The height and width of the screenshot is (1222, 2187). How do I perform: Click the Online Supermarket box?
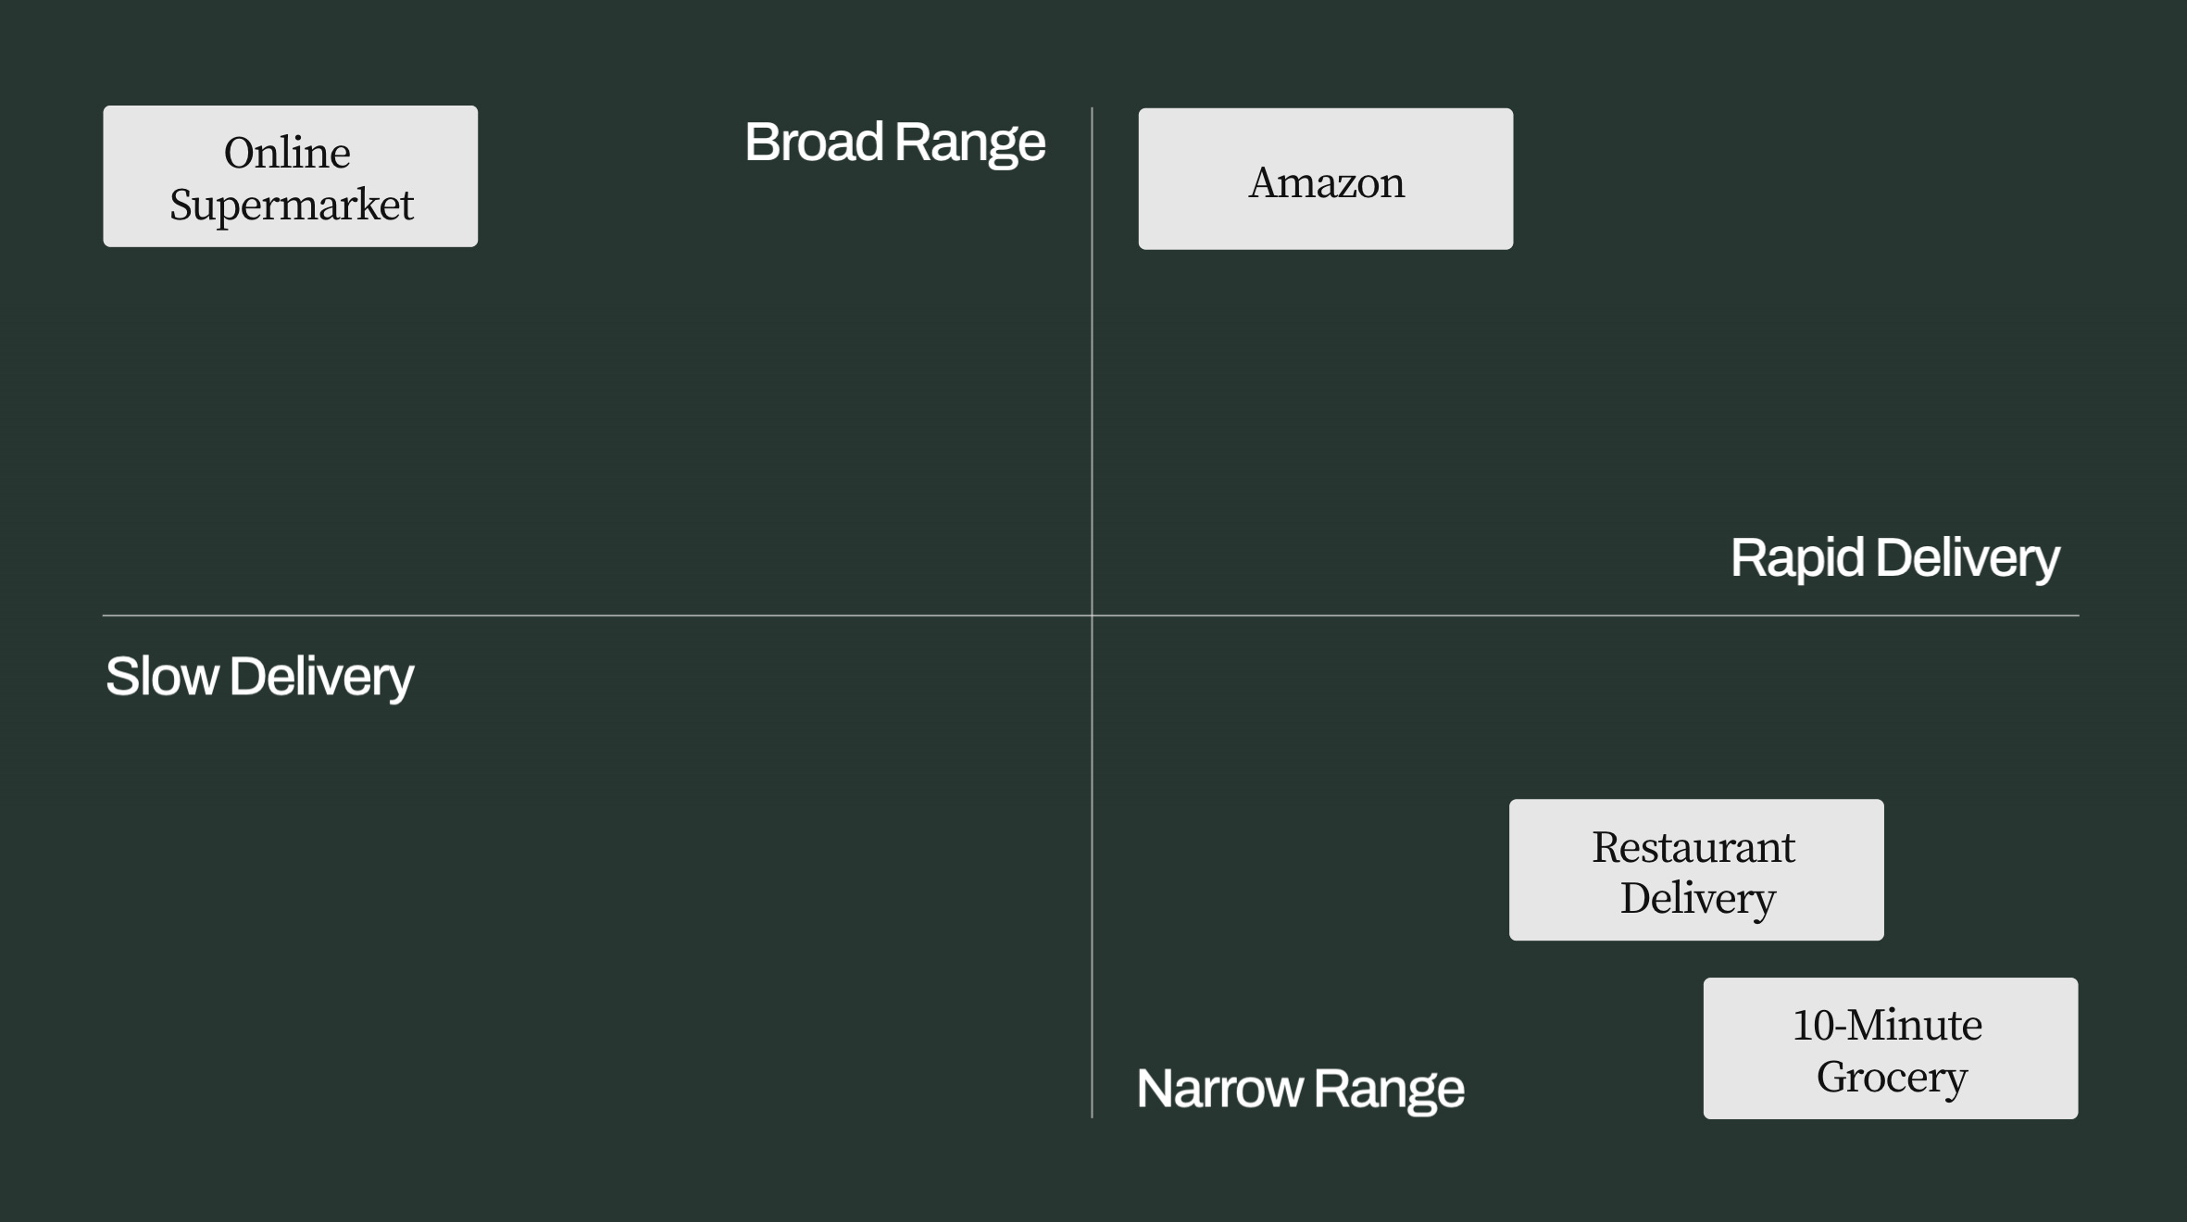(290, 176)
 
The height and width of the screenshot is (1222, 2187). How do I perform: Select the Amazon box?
(1325, 179)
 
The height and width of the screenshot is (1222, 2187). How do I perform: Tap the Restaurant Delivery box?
(1695, 869)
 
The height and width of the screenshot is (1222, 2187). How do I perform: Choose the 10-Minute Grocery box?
(1890, 1048)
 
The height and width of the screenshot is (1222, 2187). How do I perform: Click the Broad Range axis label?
(894, 143)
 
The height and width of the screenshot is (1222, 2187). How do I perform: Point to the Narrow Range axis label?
(1300, 1089)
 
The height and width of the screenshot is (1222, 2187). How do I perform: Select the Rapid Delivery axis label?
(1894, 558)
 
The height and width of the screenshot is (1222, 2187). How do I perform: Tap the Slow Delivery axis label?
(259, 677)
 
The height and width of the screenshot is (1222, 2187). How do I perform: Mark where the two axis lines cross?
(1092, 615)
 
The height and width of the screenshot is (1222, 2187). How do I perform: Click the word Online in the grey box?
(287, 153)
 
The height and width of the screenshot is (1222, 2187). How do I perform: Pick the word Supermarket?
(291, 206)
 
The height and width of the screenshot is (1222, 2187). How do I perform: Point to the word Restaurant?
(1693, 847)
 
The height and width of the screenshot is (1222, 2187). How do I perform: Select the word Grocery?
(1891, 1077)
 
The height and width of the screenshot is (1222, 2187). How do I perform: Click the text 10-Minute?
(1887, 1025)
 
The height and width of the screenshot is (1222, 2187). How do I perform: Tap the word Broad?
(814, 143)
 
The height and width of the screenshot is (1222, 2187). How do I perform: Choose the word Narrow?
(1219, 1089)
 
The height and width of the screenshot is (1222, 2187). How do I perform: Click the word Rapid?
(1796, 558)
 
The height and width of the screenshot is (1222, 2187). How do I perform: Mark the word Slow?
(162, 677)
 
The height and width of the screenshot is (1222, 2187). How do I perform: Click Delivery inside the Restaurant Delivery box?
(1697, 898)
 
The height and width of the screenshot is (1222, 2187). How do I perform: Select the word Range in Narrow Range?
(1388, 1089)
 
